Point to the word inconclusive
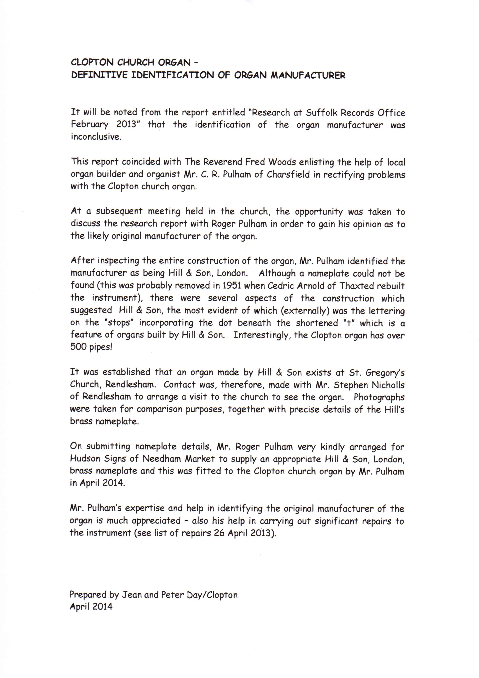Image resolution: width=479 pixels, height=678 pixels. (96, 137)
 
